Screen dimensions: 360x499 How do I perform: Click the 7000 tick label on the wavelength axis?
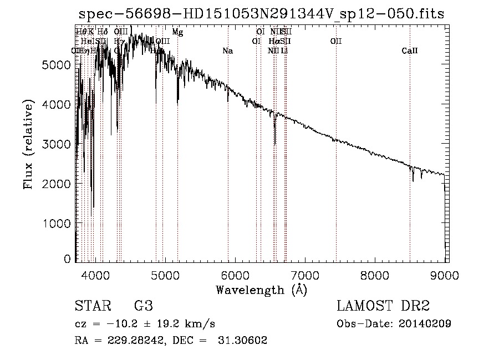(x=305, y=274)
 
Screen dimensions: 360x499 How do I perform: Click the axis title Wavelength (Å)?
(x=261, y=289)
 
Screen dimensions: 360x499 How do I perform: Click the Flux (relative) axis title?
(x=28, y=144)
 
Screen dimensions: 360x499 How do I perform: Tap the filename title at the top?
(x=261, y=13)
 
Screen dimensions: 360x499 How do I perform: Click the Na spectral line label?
(x=227, y=51)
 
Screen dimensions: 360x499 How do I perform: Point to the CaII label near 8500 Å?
(x=410, y=51)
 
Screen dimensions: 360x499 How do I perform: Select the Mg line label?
(x=177, y=32)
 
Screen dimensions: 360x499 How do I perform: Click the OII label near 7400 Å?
(x=336, y=42)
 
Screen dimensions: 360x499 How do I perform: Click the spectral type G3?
(x=143, y=306)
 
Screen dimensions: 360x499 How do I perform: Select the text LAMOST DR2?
(x=383, y=306)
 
